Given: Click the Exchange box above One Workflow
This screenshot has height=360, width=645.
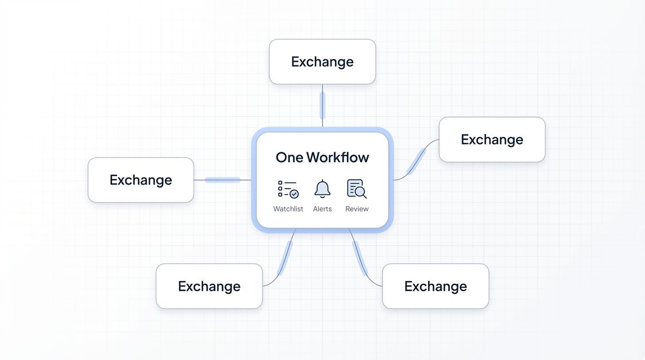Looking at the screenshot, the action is coord(322,62).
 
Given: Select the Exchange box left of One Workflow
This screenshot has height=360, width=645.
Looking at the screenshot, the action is coord(141,180).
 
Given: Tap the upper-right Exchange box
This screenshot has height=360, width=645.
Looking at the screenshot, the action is coord(492,140).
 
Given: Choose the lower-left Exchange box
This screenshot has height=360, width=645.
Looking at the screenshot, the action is coord(209,286).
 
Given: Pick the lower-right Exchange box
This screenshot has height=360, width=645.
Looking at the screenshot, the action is coord(435,286).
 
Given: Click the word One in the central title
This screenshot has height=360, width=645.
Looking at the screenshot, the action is coord(289,157).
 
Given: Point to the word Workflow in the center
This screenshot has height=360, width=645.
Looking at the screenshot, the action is coord(338,157).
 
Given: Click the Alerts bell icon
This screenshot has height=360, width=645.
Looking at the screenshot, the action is coord(322,188).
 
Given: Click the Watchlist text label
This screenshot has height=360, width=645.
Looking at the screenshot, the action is coord(288,209).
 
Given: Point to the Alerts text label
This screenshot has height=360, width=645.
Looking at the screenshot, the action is coord(322,209).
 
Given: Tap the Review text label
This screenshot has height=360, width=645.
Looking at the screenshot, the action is coord(357,209).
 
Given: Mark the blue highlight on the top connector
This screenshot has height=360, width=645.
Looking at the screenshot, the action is coord(322,105).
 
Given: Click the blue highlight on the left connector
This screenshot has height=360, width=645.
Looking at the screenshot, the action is coord(223,180).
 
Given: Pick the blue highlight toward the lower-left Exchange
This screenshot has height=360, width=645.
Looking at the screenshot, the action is coord(285,257).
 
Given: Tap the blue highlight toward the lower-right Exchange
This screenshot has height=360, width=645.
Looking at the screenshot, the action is coord(360,257).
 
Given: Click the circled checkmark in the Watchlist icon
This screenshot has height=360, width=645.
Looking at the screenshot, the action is coord(294,194).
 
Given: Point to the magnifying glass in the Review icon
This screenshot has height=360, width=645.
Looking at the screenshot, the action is coord(360,192).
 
